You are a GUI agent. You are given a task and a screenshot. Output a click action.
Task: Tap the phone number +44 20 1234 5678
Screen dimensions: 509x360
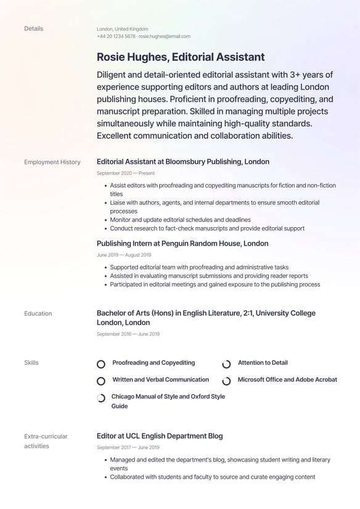pyautogui.click(x=116, y=36)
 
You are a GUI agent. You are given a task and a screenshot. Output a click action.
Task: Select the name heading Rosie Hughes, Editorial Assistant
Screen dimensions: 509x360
pyautogui.click(x=181, y=57)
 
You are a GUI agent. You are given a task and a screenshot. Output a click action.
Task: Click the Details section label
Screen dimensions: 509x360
pyautogui.click(x=33, y=28)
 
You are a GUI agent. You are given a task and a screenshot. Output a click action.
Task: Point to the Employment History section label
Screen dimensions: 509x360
pyautogui.click(x=52, y=162)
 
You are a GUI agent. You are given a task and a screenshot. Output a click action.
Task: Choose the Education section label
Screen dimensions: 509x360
pyautogui.click(x=38, y=313)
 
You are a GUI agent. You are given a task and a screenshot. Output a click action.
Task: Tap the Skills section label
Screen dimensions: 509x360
pyautogui.click(x=31, y=363)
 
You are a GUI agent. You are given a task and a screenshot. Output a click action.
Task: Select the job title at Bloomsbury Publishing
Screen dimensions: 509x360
pyautogui.click(x=183, y=162)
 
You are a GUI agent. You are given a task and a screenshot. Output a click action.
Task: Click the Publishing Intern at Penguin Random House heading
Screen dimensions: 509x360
pyautogui.click(x=182, y=244)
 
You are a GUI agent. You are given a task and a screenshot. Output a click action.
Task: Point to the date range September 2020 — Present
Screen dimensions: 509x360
pyautogui.click(x=126, y=173)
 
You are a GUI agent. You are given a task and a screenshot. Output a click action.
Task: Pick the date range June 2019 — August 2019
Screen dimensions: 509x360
pyautogui.click(x=124, y=255)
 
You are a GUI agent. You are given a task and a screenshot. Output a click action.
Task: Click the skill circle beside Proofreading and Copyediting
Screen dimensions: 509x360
pyautogui.click(x=101, y=364)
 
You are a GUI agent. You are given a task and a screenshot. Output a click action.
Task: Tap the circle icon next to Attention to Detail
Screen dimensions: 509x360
pyautogui.click(x=226, y=364)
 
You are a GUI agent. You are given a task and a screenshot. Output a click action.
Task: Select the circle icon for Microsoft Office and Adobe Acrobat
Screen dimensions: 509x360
pyautogui.click(x=226, y=381)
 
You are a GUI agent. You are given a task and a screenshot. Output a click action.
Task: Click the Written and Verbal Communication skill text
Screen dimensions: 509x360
pyautogui.click(x=160, y=380)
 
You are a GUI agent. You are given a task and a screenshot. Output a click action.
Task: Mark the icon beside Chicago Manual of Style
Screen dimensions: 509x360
pyautogui.click(x=101, y=399)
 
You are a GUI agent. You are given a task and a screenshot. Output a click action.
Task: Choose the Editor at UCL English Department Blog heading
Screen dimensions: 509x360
pyautogui.click(x=160, y=436)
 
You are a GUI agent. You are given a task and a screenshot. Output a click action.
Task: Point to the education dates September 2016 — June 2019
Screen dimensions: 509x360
pyautogui.click(x=128, y=334)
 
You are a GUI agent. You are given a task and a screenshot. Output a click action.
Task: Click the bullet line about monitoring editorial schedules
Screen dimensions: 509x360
pyautogui.click(x=180, y=220)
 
